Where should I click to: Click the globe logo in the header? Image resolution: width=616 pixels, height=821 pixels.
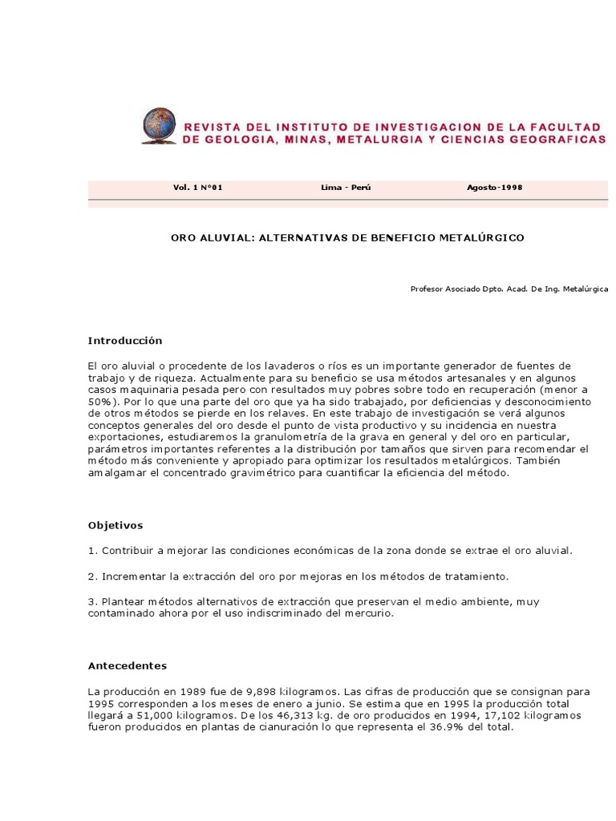pyautogui.click(x=159, y=126)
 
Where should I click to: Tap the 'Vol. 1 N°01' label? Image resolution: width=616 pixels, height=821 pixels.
pyautogui.click(x=197, y=187)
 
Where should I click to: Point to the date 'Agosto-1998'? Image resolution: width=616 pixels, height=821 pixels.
pyautogui.click(x=494, y=187)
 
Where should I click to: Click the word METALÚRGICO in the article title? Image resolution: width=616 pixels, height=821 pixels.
pyautogui.click(x=480, y=238)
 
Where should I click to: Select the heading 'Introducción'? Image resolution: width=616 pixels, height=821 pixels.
pyautogui.click(x=124, y=341)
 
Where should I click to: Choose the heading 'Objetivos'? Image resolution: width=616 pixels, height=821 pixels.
pyautogui.click(x=115, y=526)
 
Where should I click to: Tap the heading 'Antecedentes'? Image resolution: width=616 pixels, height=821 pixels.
pyautogui.click(x=127, y=665)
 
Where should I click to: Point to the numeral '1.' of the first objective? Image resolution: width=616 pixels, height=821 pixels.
pyautogui.click(x=92, y=551)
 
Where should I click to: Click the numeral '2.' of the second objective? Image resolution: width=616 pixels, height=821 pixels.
pyautogui.click(x=92, y=576)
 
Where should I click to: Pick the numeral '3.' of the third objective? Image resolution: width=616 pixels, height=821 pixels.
pyautogui.click(x=92, y=601)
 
